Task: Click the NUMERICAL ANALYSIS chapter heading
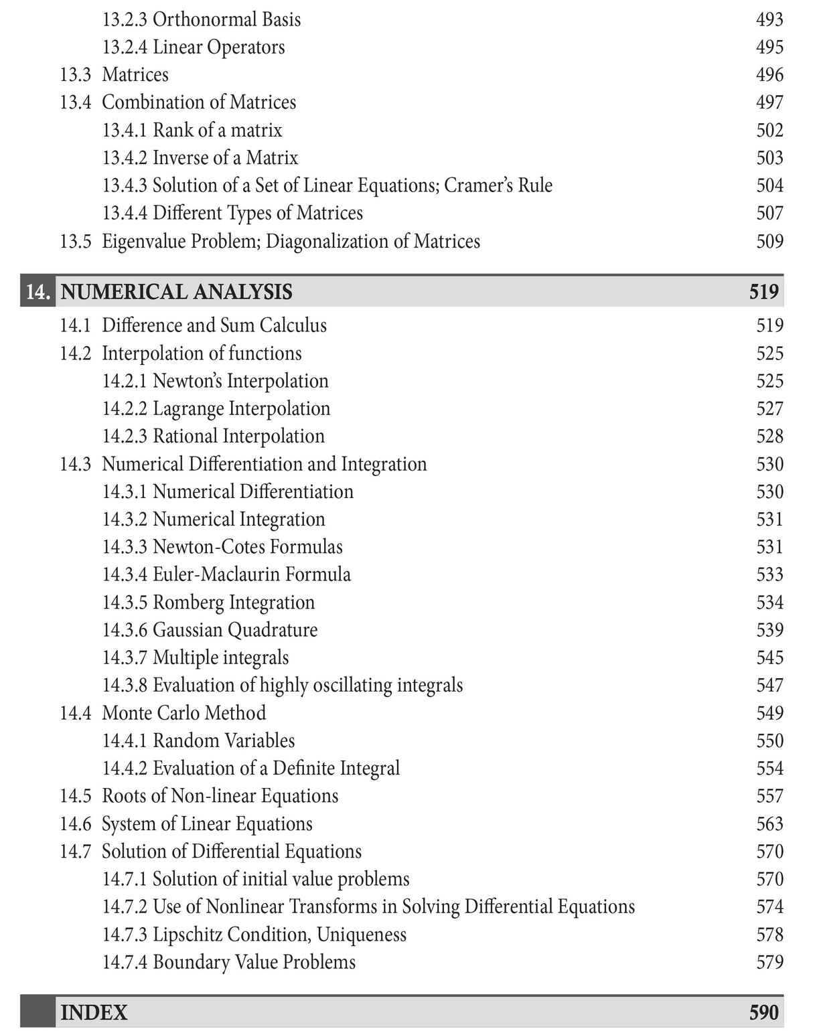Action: (177, 292)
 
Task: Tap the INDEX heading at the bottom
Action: (94, 1012)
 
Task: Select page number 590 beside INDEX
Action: (763, 1012)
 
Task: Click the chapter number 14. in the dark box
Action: (38, 292)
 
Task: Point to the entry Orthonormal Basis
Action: (226, 19)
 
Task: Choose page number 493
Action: (769, 19)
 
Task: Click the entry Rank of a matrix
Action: (217, 130)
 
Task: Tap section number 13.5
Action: (75, 241)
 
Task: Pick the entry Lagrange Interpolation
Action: (241, 408)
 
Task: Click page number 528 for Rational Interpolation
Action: (769, 436)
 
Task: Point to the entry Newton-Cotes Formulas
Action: (247, 547)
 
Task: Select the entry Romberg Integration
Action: (233, 603)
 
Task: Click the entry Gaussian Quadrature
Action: (235, 630)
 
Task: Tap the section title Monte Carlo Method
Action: (183, 713)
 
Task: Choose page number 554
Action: (769, 768)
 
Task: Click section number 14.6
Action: (75, 823)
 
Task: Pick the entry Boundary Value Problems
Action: (254, 962)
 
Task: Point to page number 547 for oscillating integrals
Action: (769, 685)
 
